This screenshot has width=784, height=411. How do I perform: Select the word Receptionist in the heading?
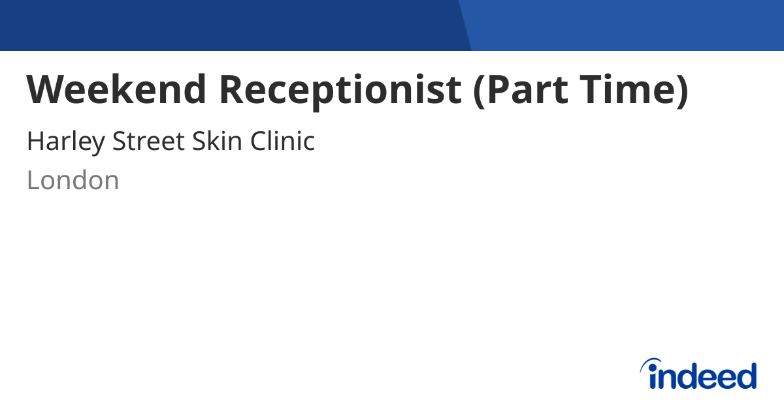(340, 89)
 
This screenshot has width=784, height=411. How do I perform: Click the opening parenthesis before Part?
(479, 91)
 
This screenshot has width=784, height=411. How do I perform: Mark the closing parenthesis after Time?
(681, 91)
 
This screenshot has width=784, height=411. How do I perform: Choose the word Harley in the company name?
(65, 142)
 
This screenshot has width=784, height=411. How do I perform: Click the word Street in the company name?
(148, 141)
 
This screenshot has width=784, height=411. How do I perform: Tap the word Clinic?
(284, 141)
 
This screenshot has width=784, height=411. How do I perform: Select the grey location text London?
(73, 181)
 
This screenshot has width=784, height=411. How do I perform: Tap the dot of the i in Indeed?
(653, 367)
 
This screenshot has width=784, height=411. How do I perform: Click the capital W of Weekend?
(44, 89)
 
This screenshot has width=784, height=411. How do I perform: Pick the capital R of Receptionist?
(231, 89)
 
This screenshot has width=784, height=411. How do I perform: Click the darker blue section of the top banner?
(229, 25)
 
